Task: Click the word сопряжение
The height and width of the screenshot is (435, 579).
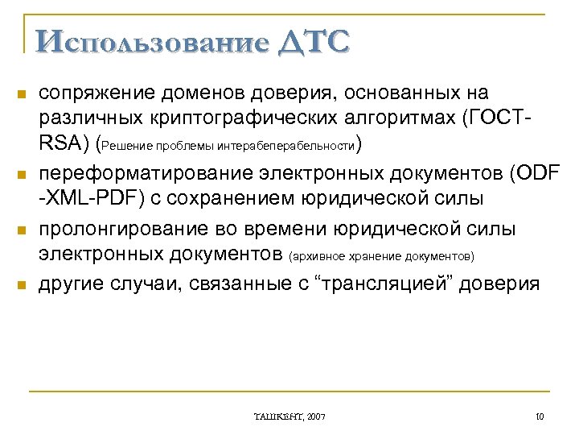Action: pos(91,94)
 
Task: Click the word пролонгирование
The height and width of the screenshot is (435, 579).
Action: pos(118,230)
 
